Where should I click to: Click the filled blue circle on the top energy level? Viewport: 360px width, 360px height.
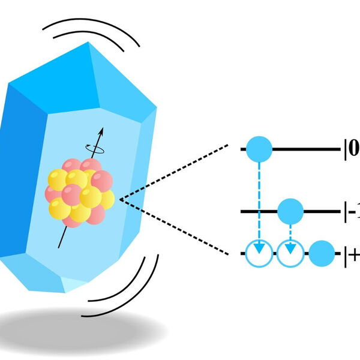click(x=259, y=148)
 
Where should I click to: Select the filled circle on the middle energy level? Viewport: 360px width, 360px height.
click(x=291, y=211)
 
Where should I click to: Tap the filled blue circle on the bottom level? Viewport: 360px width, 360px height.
click(x=322, y=253)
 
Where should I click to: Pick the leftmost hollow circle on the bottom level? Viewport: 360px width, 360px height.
click(x=259, y=253)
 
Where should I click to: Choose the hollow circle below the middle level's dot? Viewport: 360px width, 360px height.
click(x=291, y=253)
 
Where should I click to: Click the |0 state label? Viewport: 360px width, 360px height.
click(x=351, y=148)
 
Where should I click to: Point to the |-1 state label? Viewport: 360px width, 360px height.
click(x=351, y=211)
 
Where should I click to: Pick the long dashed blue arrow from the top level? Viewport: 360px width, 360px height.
click(x=259, y=198)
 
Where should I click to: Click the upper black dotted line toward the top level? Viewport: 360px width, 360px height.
click(x=180, y=171)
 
